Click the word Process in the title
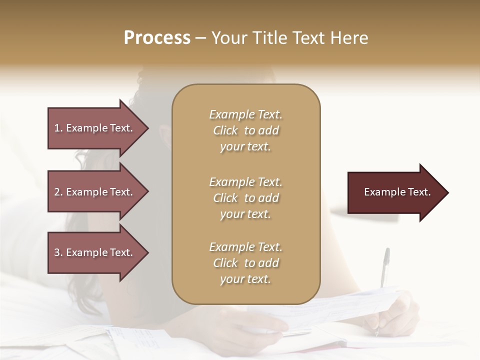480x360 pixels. [157, 38]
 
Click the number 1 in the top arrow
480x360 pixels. [57, 128]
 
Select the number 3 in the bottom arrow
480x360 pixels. [57, 252]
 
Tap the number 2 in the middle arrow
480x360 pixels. [57, 192]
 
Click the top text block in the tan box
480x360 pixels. [245, 130]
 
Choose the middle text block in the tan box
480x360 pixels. [245, 198]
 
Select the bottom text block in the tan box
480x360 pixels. [245, 263]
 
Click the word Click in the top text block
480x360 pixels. [225, 131]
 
